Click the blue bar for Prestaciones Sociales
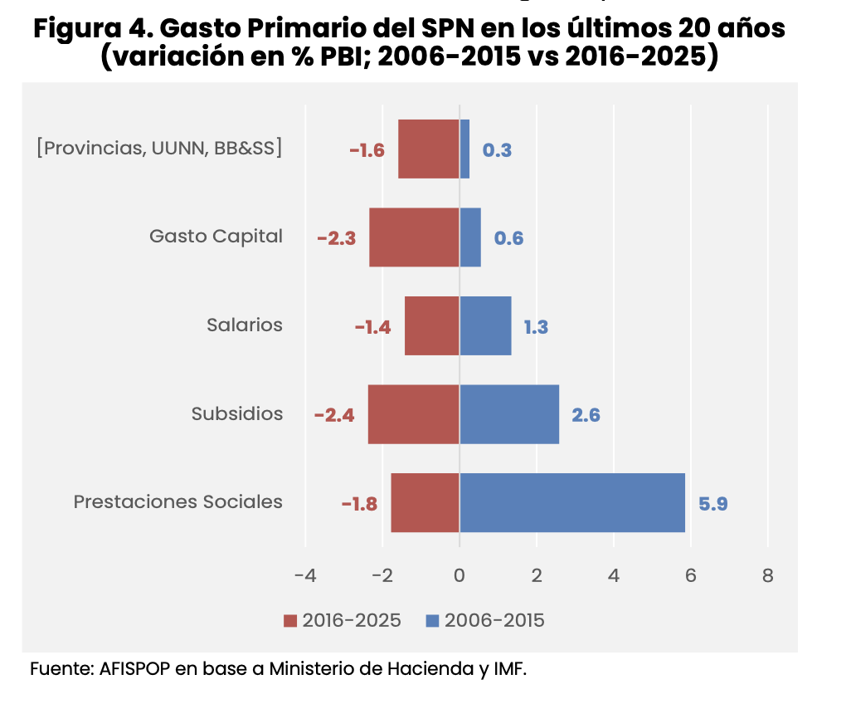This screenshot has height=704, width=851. pyautogui.click(x=572, y=502)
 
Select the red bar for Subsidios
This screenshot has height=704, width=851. pyautogui.click(x=414, y=413)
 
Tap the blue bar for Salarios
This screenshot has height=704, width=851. pyautogui.click(x=485, y=325)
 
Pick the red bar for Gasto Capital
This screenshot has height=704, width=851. pyautogui.click(x=414, y=237)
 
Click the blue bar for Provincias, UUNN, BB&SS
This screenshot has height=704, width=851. pyautogui.click(x=464, y=149)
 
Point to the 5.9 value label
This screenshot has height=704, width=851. pyautogui.click(x=712, y=503)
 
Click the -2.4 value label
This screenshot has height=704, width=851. pyautogui.click(x=334, y=415)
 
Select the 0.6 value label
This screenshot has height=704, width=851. pyautogui.click(x=508, y=238)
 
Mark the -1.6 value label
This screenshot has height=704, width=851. pyautogui.click(x=367, y=150)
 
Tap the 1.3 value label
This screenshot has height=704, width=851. pyautogui.click(x=535, y=327)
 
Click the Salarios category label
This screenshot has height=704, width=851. pyautogui.click(x=245, y=325)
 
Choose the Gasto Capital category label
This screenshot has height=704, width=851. pyautogui.click(x=216, y=237)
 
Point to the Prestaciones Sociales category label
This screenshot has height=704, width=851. pyautogui.click(x=177, y=501)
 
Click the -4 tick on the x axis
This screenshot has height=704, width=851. pyautogui.click(x=305, y=575)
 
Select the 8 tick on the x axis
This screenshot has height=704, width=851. pyautogui.click(x=767, y=575)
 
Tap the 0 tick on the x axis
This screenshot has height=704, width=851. pyautogui.click(x=460, y=575)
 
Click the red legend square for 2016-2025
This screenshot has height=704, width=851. pyautogui.click(x=290, y=621)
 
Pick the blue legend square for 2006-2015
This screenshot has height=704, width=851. pyautogui.click(x=432, y=621)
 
